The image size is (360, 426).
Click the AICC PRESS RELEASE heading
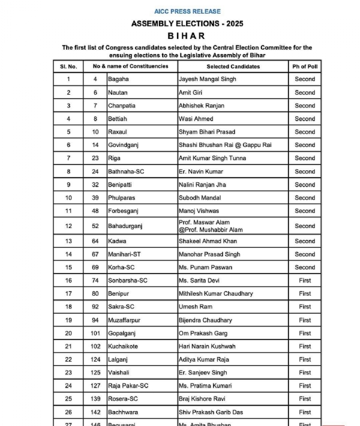pyautogui.click(x=188, y=11)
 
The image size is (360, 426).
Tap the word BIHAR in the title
pyautogui.click(x=188, y=35)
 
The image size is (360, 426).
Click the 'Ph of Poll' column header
pyautogui.click(x=304, y=66)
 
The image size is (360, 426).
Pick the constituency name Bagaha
pyautogui.click(x=118, y=79)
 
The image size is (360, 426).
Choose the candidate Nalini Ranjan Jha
pyautogui.click(x=203, y=185)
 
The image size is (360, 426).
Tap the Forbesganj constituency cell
pyautogui.click(x=125, y=211)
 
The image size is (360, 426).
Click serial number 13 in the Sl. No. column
pyautogui.click(x=68, y=241)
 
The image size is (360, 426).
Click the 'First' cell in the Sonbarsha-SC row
pyautogui.click(x=305, y=281)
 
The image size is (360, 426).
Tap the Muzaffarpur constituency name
pyautogui.click(x=126, y=320)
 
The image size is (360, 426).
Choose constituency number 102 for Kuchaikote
pyautogui.click(x=95, y=347)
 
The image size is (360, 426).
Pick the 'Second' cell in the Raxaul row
pyautogui.click(x=305, y=132)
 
